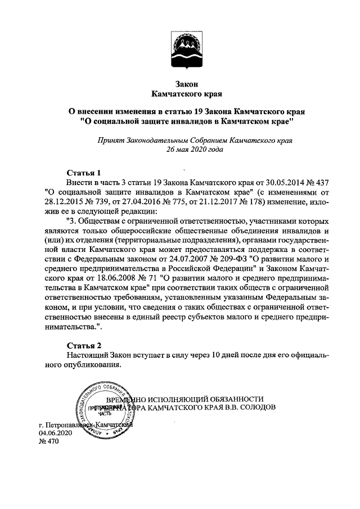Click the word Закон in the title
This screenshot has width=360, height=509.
(x=186, y=83)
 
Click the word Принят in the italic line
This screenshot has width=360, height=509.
(x=110, y=141)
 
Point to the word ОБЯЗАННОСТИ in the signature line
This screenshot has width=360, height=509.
(x=236, y=397)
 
